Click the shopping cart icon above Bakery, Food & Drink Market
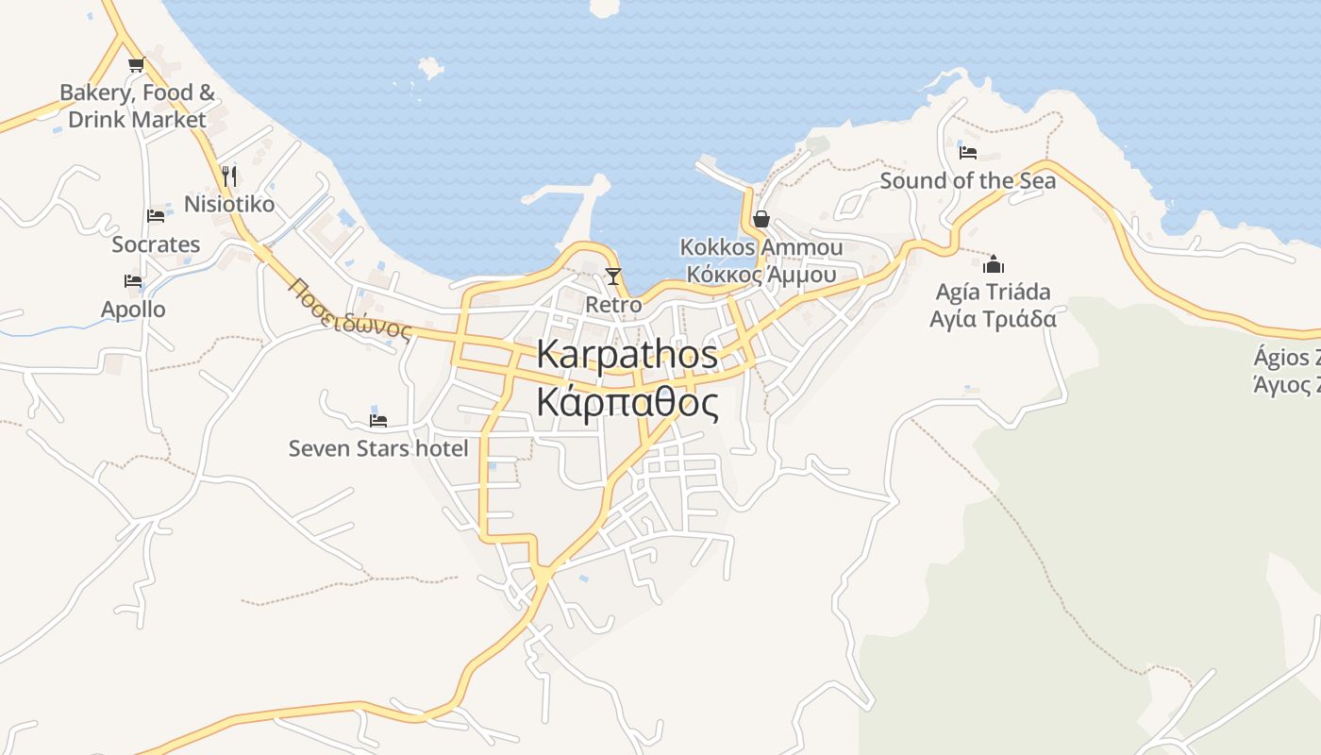(x=136, y=65)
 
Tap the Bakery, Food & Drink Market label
(x=137, y=106)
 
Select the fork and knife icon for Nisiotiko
(x=228, y=176)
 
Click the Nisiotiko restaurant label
(x=229, y=204)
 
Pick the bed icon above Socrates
(x=156, y=216)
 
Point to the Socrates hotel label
(x=156, y=244)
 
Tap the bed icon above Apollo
(x=133, y=281)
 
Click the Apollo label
(x=133, y=310)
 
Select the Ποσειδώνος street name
(x=351, y=309)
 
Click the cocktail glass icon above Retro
(x=613, y=276)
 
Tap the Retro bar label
(x=613, y=305)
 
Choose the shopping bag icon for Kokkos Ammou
(x=761, y=220)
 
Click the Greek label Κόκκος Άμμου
(x=761, y=275)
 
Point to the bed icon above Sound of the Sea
(x=967, y=152)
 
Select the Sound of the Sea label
(x=967, y=180)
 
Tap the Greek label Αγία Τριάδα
(x=993, y=319)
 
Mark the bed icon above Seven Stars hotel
(x=378, y=420)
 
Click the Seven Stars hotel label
(x=377, y=448)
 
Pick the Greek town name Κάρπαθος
(x=627, y=403)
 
